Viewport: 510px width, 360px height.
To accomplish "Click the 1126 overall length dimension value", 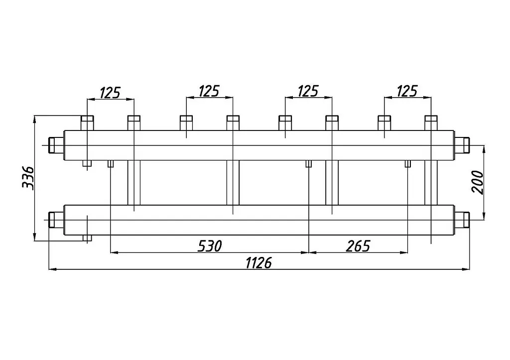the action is pyautogui.click(x=258, y=263).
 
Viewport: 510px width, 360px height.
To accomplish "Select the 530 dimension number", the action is pyautogui.click(x=210, y=246).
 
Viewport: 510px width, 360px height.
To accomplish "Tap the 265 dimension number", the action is pyautogui.click(x=358, y=246).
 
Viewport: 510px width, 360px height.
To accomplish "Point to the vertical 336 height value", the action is pyautogui.click(x=28, y=178).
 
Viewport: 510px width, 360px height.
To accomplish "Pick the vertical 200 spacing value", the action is pyautogui.click(x=478, y=182).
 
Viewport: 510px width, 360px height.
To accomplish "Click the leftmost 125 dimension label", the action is pyautogui.click(x=110, y=92).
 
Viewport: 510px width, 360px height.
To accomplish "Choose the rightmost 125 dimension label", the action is pyautogui.click(x=407, y=92).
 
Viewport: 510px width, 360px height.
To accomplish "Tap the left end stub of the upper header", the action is pyautogui.click(x=56, y=145).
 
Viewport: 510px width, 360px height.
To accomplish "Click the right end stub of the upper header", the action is pyautogui.click(x=462, y=145).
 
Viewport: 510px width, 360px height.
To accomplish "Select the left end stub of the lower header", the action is pyautogui.click(x=56, y=220).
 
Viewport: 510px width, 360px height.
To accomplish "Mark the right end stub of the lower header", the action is pyautogui.click(x=462, y=220).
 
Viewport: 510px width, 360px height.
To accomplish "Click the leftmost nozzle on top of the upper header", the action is pyautogui.click(x=87, y=123).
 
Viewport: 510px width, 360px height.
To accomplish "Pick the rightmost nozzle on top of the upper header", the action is pyautogui.click(x=431, y=123).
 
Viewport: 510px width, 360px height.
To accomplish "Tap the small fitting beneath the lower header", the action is pyautogui.click(x=87, y=238).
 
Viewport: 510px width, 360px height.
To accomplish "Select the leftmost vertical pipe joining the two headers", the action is pyautogui.click(x=133, y=182).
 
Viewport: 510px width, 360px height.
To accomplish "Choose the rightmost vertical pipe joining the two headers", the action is pyautogui.click(x=431, y=182).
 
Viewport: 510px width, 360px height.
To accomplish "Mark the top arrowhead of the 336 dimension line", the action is pyautogui.click(x=34, y=119).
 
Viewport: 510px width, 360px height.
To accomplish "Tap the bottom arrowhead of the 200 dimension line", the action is pyautogui.click(x=484, y=216).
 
